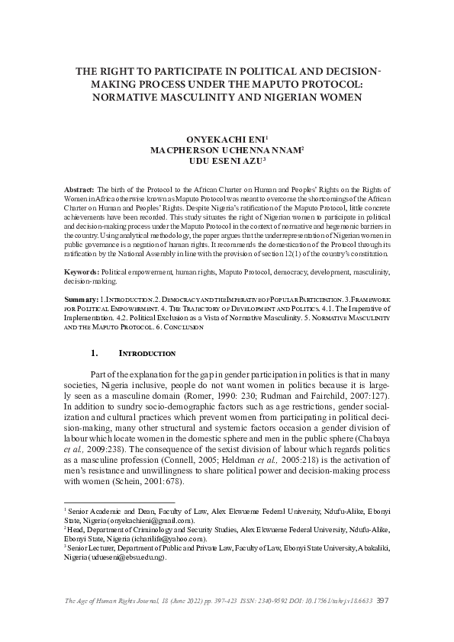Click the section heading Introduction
(148, 354)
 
